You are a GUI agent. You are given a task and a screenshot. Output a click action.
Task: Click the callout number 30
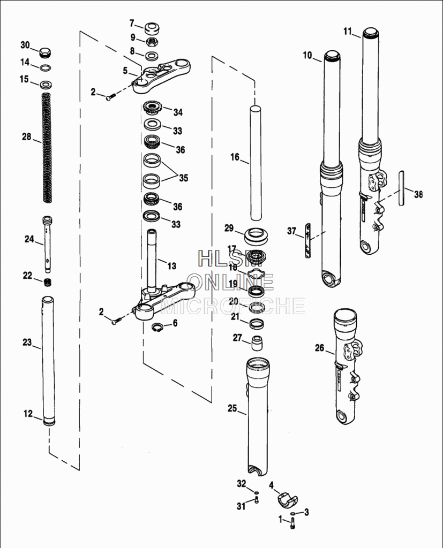(25, 44)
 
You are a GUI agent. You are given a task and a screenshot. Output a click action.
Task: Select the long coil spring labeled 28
(47, 147)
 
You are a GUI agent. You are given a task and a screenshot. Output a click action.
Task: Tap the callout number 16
(235, 157)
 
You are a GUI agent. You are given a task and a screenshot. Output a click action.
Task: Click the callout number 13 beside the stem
(171, 266)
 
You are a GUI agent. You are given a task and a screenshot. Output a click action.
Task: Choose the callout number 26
(319, 348)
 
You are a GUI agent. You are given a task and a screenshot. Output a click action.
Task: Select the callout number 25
(232, 408)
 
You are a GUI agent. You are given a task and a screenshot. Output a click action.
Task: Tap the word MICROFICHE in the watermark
(233, 306)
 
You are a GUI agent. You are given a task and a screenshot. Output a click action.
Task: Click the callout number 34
(177, 112)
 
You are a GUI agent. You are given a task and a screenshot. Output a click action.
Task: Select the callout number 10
(307, 55)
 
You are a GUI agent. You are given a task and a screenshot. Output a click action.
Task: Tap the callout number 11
(348, 32)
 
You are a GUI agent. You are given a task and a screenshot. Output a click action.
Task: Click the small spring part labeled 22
(47, 281)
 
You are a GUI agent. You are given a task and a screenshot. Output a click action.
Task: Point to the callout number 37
(291, 231)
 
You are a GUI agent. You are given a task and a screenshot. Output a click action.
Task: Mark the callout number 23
(27, 342)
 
